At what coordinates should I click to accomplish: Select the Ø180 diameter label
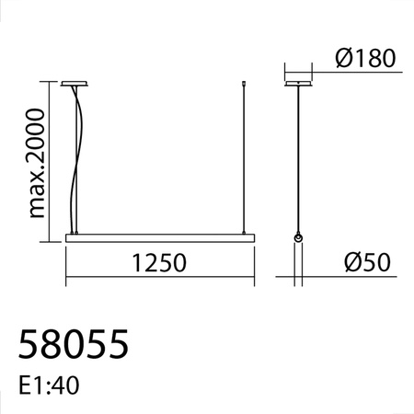coord(365,60)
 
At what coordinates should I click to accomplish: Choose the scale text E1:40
coord(49,385)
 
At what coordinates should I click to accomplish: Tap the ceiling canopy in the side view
coord(297,84)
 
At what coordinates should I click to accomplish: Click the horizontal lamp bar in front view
coord(158,238)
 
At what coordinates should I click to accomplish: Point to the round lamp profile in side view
coord(298,239)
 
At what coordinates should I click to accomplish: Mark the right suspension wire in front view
coord(243,161)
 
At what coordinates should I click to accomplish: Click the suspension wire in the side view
coord(297,156)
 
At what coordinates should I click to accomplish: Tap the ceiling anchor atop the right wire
coord(243,84)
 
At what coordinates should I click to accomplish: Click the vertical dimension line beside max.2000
coord(52,162)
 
